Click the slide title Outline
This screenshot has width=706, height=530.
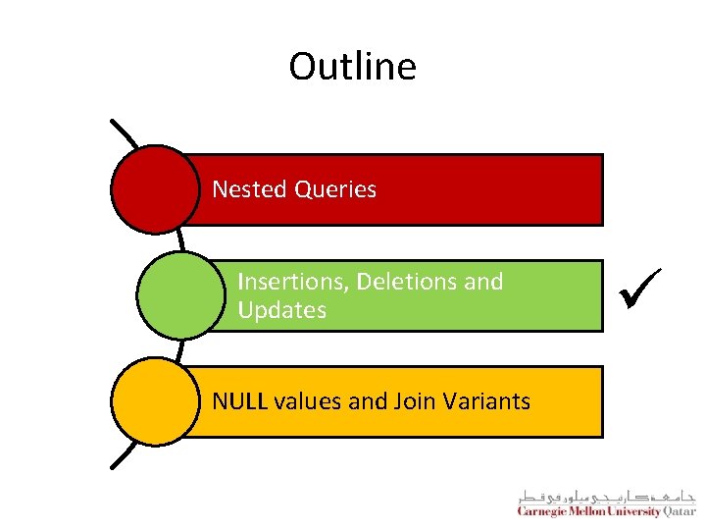tap(352, 67)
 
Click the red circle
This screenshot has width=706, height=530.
tap(154, 189)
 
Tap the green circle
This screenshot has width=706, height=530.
tap(179, 295)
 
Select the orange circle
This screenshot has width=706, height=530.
tap(154, 401)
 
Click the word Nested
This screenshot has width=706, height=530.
tap(248, 189)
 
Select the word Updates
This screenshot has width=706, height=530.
tap(282, 310)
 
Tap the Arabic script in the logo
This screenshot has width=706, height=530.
tap(605, 497)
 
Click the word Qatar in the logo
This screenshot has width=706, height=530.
tap(678, 511)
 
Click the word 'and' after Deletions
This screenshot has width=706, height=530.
tap(482, 282)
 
